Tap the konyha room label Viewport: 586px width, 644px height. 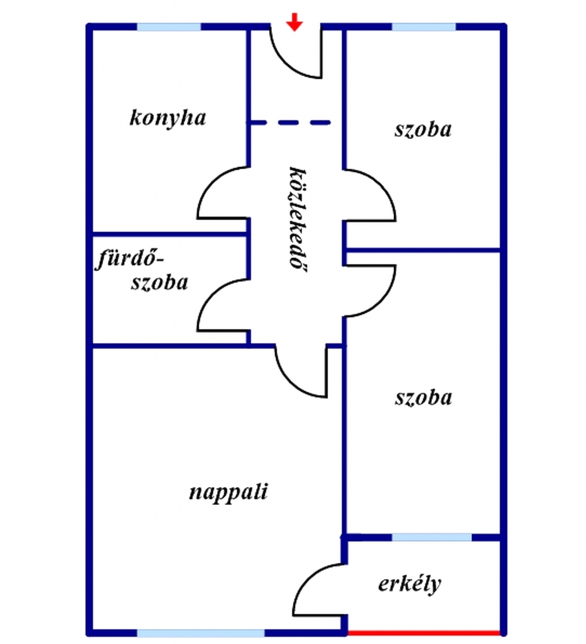[x=167, y=118]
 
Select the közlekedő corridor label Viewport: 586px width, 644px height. [x=293, y=218]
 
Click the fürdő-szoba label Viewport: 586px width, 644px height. [x=143, y=270]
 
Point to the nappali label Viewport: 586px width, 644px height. [x=228, y=491]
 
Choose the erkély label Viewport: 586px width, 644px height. [x=409, y=584]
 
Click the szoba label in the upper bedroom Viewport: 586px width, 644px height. [x=423, y=130]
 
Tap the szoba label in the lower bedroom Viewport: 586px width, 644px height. [x=423, y=397]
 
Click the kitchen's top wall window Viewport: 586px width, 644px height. [x=169, y=27]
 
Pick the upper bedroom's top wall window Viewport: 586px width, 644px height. [x=423, y=27]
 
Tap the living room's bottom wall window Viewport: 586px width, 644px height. [x=201, y=633]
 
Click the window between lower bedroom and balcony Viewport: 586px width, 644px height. [x=431, y=537]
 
